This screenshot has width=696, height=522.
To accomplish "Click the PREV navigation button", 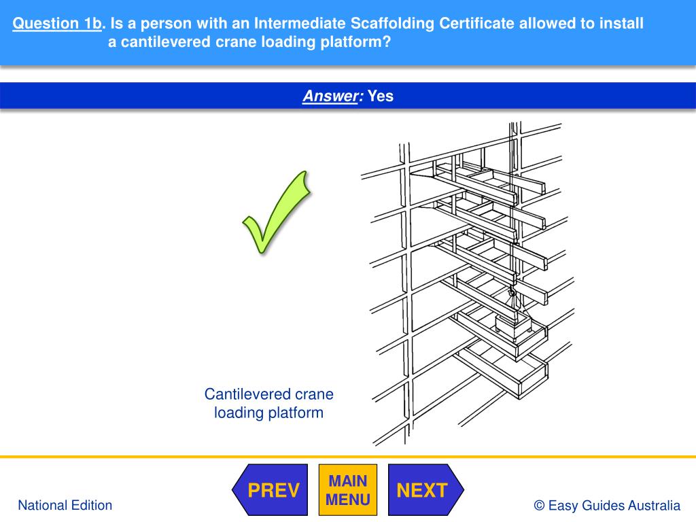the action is pos(270,489).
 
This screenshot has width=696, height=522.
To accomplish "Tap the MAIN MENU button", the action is pos(348,489).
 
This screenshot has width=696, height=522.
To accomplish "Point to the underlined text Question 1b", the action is pos(57,23).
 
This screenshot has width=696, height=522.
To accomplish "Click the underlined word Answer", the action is pos(330,96).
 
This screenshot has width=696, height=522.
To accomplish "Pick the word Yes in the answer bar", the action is pos(381,96).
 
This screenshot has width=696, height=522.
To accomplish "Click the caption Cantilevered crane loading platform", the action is pos(269,403).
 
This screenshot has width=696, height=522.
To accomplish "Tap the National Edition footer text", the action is pos(65,505).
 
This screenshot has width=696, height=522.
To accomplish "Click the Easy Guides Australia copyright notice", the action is pos(607,505).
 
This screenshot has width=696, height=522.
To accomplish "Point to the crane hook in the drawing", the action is pos(512,292).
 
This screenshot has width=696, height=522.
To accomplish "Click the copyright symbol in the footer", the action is pos(539,505).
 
